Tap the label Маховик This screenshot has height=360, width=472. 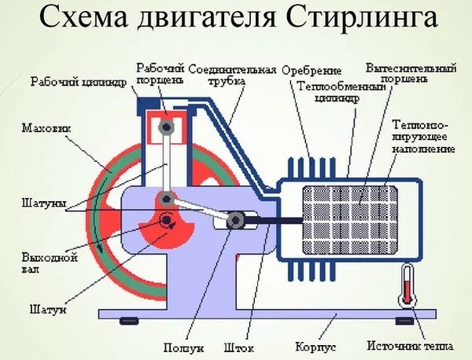click(39, 127)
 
